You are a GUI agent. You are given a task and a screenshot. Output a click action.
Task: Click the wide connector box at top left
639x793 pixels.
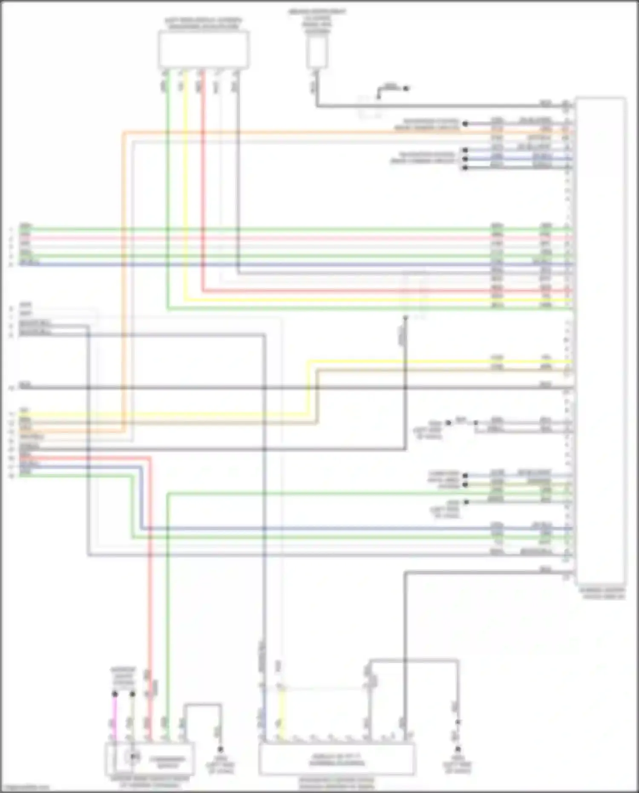pyautogui.click(x=204, y=49)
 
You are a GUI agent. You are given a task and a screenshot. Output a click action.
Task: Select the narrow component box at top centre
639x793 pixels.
pyautogui.click(x=317, y=53)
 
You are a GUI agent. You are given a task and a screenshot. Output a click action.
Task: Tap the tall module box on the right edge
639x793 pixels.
pyautogui.click(x=601, y=341)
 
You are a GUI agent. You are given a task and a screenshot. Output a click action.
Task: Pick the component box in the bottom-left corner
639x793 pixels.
pyautogui.click(x=150, y=759)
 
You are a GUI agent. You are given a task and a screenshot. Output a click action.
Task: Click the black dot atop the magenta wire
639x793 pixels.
pyautogui.click(x=114, y=694)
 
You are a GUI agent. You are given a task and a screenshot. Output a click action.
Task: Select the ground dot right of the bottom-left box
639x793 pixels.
pyautogui.click(x=220, y=749)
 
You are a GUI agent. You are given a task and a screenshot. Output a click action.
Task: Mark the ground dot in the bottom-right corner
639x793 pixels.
pyautogui.click(x=458, y=749)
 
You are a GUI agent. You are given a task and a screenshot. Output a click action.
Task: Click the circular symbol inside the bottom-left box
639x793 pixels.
pyautogui.click(x=133, y=756)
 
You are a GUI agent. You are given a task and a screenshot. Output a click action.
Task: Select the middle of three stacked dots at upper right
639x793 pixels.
pyautogui.click(x=465, y=159)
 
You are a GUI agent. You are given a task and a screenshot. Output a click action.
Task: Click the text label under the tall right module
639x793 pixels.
pyautogui.click(x=601, y=593)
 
